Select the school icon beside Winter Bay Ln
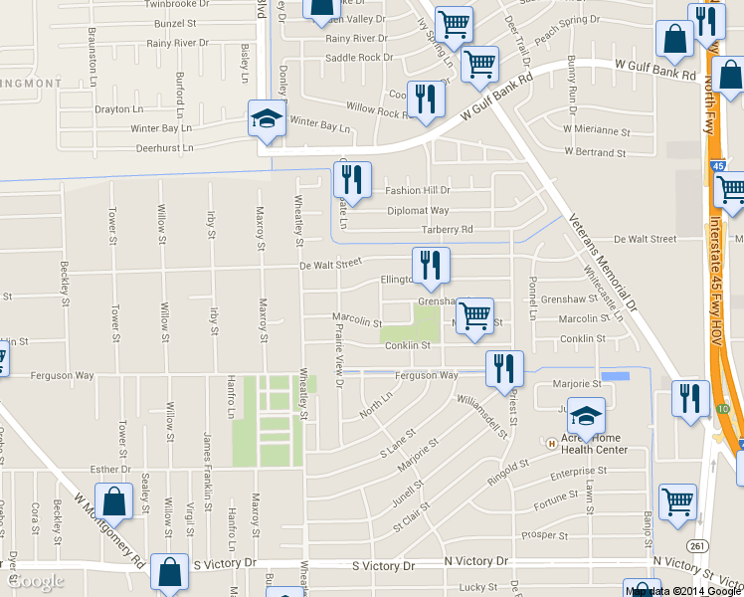(x=266, y=120)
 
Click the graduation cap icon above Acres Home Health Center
(x=587, y=415)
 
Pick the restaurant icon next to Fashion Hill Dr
(x=351, y=180)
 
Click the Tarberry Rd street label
(x=446, y=230)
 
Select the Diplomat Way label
(x=418, y=211)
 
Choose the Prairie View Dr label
(x=340, y=359)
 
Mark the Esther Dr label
(x=110, y=469)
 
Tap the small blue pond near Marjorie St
(x=616, y=377)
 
